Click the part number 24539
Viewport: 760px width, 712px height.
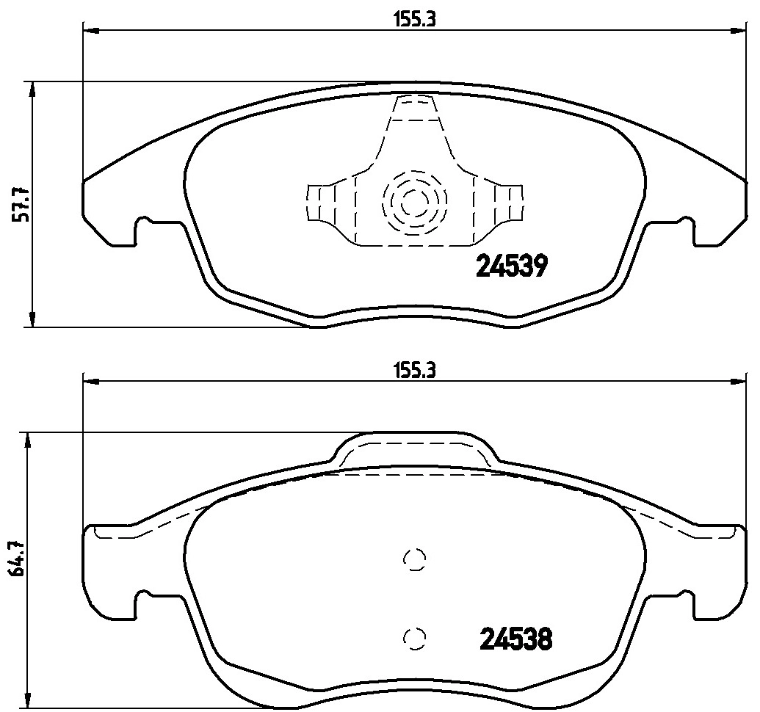click(x=512, y=266)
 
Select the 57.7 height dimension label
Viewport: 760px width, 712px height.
click(x=21, y=204)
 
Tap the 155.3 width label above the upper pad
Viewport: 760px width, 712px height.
click(x=414, y=20)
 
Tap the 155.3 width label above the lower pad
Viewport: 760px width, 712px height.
click(x=414, y=371)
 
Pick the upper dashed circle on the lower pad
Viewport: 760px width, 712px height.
click(x=415, y=559)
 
